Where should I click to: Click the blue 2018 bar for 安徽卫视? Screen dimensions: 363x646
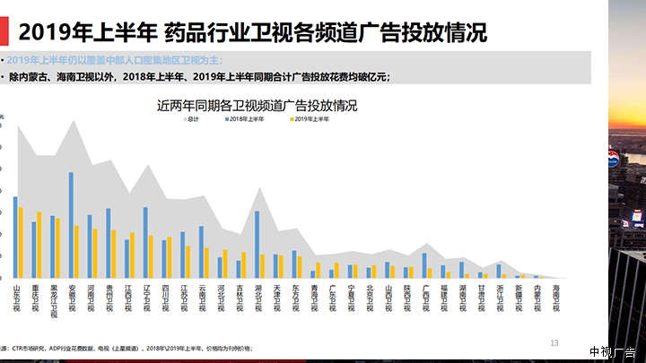point(71,224)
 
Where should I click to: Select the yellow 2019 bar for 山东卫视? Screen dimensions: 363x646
point(20,242)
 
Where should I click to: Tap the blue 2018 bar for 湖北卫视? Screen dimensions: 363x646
point(257,244)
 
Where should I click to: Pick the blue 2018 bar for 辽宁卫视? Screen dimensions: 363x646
point(145,242)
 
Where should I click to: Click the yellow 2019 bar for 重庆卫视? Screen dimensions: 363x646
point(39,245)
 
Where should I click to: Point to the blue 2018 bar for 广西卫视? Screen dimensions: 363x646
point(424,265)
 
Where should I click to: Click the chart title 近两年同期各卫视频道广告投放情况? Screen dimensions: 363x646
point(257,105)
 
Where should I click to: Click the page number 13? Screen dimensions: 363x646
point(554,342)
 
